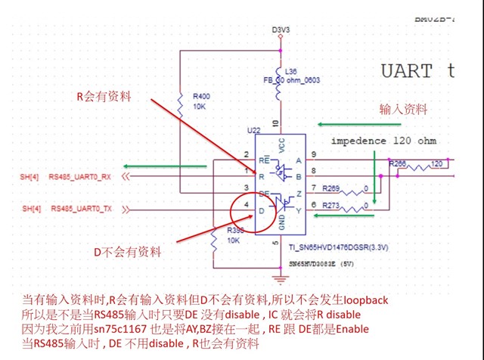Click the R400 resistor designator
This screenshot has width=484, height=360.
coord(201,97)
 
